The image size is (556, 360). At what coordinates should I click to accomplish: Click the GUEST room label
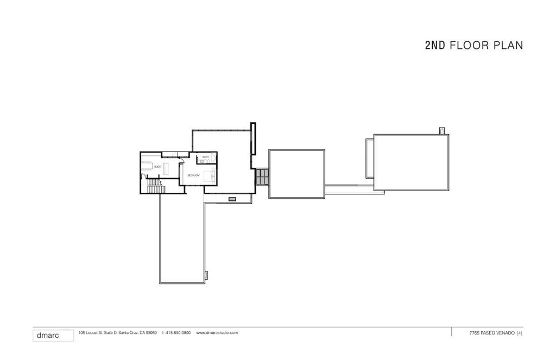click(x=158, y=166)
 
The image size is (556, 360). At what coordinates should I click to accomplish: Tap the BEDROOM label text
click(x=193, y=175)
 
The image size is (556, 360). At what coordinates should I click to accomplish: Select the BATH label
click(x=205, y=157)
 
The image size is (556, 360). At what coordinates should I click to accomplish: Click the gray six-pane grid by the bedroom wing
click(x=262, y=176)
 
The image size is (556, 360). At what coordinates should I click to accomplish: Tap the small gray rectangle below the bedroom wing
click(x=232, y=199)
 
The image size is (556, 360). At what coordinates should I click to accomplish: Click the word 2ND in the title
click(x=435, y=46)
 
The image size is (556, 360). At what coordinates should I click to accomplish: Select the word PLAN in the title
click(x=508, y=46)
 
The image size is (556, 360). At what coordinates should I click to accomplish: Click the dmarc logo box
click(x=53, y=335)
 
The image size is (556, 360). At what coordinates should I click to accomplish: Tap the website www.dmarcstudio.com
click(x=217, y=333)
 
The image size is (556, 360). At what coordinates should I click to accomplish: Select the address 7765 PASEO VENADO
click(x=491, y=333)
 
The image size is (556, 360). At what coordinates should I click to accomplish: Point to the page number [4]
click(x=520, y=333)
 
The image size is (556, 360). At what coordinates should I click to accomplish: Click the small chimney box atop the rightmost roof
click(x=442, y=130)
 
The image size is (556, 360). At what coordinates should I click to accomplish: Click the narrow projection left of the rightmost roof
click(x=369, y=157)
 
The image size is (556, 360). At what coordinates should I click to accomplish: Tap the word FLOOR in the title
click(x=470, y=46)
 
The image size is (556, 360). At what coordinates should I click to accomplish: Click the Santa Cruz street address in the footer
click(x=118, y=333)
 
